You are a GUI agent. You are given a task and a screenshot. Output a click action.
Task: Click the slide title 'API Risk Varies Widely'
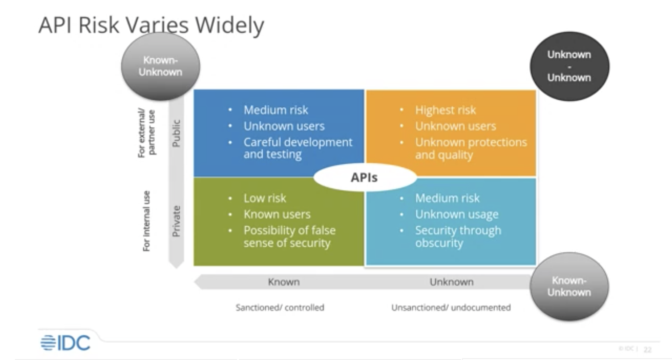pyautogui.click(x=151, y=26)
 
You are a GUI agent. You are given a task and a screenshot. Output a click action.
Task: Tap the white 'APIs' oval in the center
pyautogui.click(x=364, y=177)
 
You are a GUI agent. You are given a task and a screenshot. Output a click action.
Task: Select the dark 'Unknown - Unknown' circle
pyautogui.click(x=569, y=66)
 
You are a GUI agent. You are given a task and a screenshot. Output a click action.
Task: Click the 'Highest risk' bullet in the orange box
pyautogui.click(x=445, y=111)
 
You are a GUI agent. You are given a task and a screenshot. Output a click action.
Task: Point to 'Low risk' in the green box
pyautogui.click(x=265, y=198)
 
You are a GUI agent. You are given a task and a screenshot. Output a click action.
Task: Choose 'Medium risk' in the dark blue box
pyautogui.click(x=276, y=111)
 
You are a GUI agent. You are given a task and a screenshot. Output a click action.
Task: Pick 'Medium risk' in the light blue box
pyautogui.click(x=447, y=198)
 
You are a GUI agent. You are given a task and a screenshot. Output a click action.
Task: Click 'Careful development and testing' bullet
pyautogui.click(x=298, y=148)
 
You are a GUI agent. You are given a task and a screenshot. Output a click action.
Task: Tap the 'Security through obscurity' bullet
pyautogui.click(x=458, y=236)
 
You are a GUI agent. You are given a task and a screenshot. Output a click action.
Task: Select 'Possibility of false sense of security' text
pyautogui.click(x=289, y=236)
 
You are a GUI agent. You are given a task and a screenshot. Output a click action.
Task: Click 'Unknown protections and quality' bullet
pyautogui.click(x=470, y=148)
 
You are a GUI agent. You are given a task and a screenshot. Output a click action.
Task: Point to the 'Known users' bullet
pyautogui.click(x=277, y=215)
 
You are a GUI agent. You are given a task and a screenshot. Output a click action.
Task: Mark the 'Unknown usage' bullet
pyautogui.click(x=456, y=215)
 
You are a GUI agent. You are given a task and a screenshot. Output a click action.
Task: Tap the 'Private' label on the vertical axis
pyautogui.click(x=176, y=221)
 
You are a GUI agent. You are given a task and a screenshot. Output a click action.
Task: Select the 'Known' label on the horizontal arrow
pyautogui.click(x=283, y=282)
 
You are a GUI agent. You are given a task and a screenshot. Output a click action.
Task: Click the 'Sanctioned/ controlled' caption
pyautogui.click(x=280, y=308)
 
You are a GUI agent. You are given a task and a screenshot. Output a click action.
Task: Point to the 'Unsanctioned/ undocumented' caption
pyautogui.click(x=451, y=308)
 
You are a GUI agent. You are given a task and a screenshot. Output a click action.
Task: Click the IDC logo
pyautogui.click(x=65, y=342)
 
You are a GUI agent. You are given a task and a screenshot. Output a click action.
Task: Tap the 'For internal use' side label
pyautogui.click(x=147, y=221)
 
